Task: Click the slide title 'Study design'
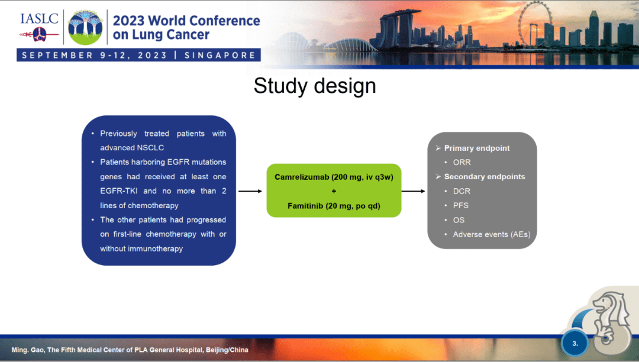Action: pyautogui.click(x=314, y=86)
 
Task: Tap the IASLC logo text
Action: pyautogui.click(x=39, y=18)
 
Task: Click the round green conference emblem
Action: pyautogui.click(x=85, y=27)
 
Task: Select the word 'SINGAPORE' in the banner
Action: pyautogui.click(x=220, y=56)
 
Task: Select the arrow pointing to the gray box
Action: pyautogui.click(x=413, y=191)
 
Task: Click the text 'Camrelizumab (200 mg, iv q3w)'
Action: pyautogui.click(x=334, y=177)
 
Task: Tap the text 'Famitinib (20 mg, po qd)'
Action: pyautogui.click(x=334, y=206)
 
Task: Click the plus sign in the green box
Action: pyautogui.click(x=334, y=191)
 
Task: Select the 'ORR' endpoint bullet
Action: pyautogui.click(x=461, y=162)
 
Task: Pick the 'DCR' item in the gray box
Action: pyautogui.click(x=461, y=191)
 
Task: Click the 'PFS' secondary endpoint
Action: pyautogui.click(x=460, y=205)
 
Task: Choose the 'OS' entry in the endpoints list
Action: pyautogui.click(x=459, y=220)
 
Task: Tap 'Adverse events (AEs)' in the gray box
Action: pyautogui.click(x=491, y=234)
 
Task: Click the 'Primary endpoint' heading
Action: pyautogui.click(x=476, y=148)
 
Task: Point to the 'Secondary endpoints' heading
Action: pyautogui.click(x=484, y=176)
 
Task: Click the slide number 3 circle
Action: pyautogui.click(x=575, y=343)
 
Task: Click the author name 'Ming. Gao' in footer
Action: pyautogui.click(x=28, y=350)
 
